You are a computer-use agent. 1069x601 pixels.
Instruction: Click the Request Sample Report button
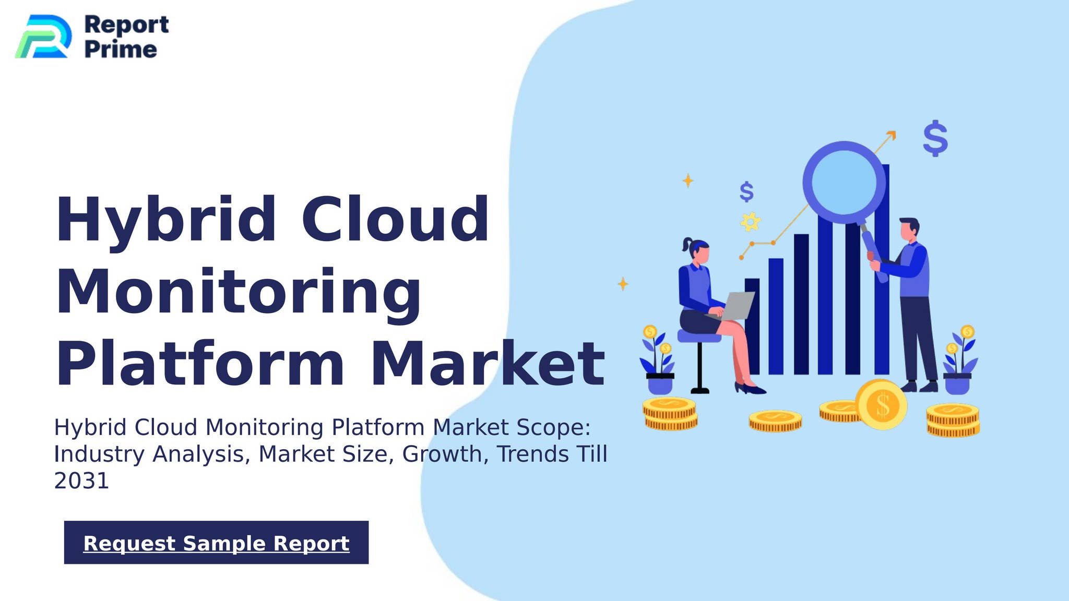[216, 542]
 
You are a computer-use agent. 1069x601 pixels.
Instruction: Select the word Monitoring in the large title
[238, 293]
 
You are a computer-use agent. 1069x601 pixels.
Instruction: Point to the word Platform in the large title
[200, 363]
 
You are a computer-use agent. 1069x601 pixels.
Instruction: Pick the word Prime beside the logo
[121, 50]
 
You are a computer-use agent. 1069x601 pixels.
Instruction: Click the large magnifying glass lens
[844, 182]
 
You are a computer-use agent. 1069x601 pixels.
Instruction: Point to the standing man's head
[909, 230]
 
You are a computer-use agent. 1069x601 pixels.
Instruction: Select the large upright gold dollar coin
[881, 404]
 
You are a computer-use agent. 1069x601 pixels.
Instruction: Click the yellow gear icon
[750, 222]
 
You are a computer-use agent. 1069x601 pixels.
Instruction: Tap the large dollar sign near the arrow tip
[935, 138]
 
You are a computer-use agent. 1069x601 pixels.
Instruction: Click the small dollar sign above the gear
[747, 191]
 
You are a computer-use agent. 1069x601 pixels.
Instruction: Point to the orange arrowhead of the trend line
[892, 135]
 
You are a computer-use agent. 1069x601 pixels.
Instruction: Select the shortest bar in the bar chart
[752, 326]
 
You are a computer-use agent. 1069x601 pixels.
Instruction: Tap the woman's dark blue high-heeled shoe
[750, 388]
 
